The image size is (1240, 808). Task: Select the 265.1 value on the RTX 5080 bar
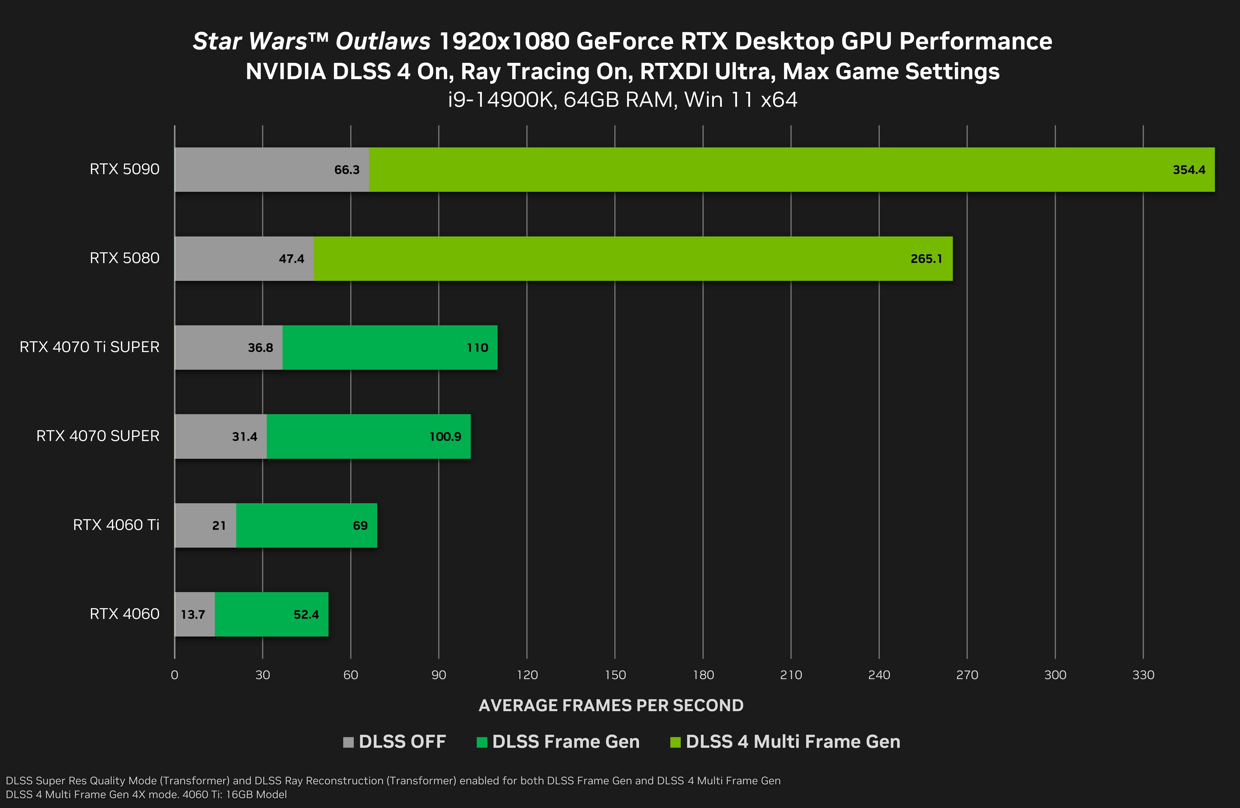pyautogui.click(x=926, y=259)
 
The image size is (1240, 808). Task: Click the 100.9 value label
pyautogui.click(x=445, y=437)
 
